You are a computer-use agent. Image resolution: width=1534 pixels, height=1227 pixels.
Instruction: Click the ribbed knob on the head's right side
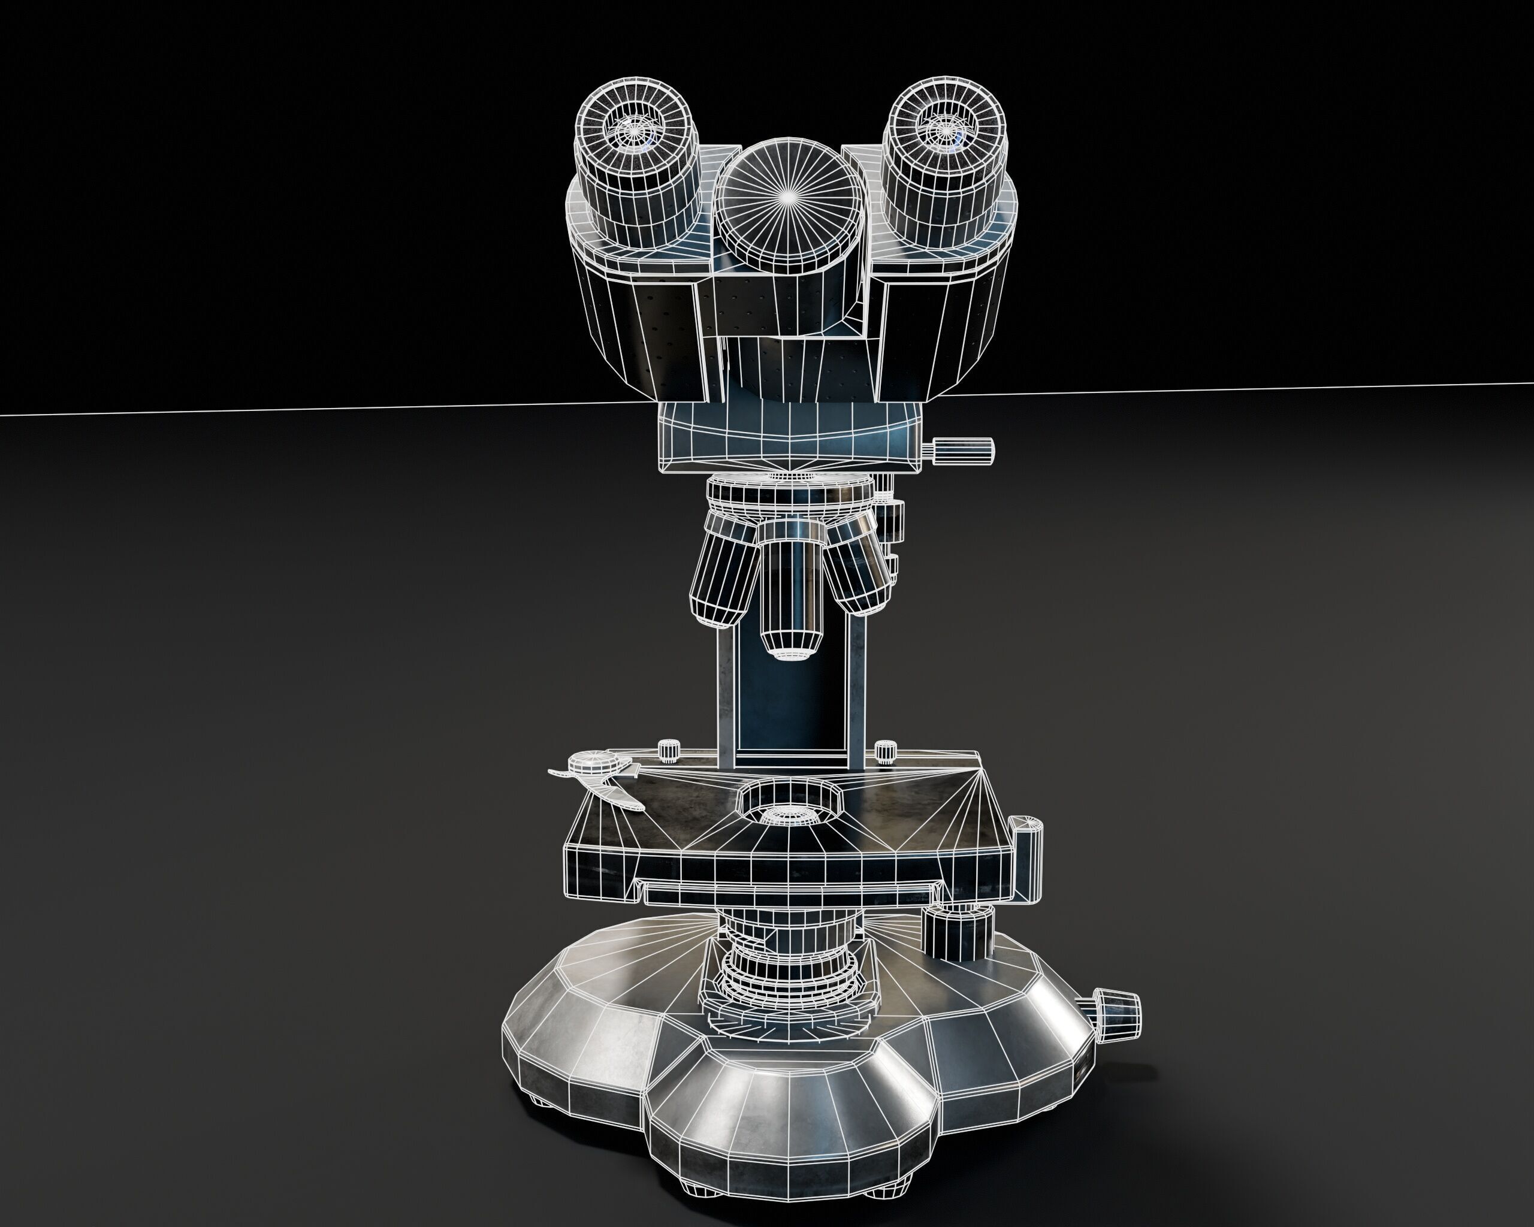point(964,449)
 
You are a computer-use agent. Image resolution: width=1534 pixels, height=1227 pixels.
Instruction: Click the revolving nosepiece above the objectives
point(789,494)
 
